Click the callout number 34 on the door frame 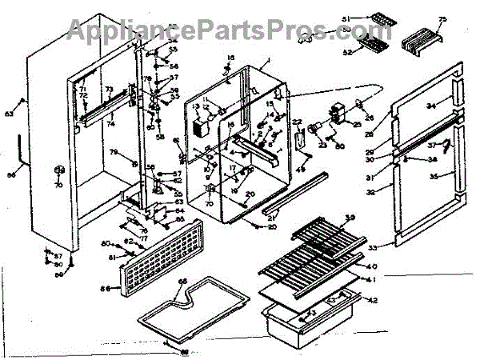click(430, 106)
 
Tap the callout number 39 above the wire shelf click(349, 219)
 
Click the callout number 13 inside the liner click(195, 107)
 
